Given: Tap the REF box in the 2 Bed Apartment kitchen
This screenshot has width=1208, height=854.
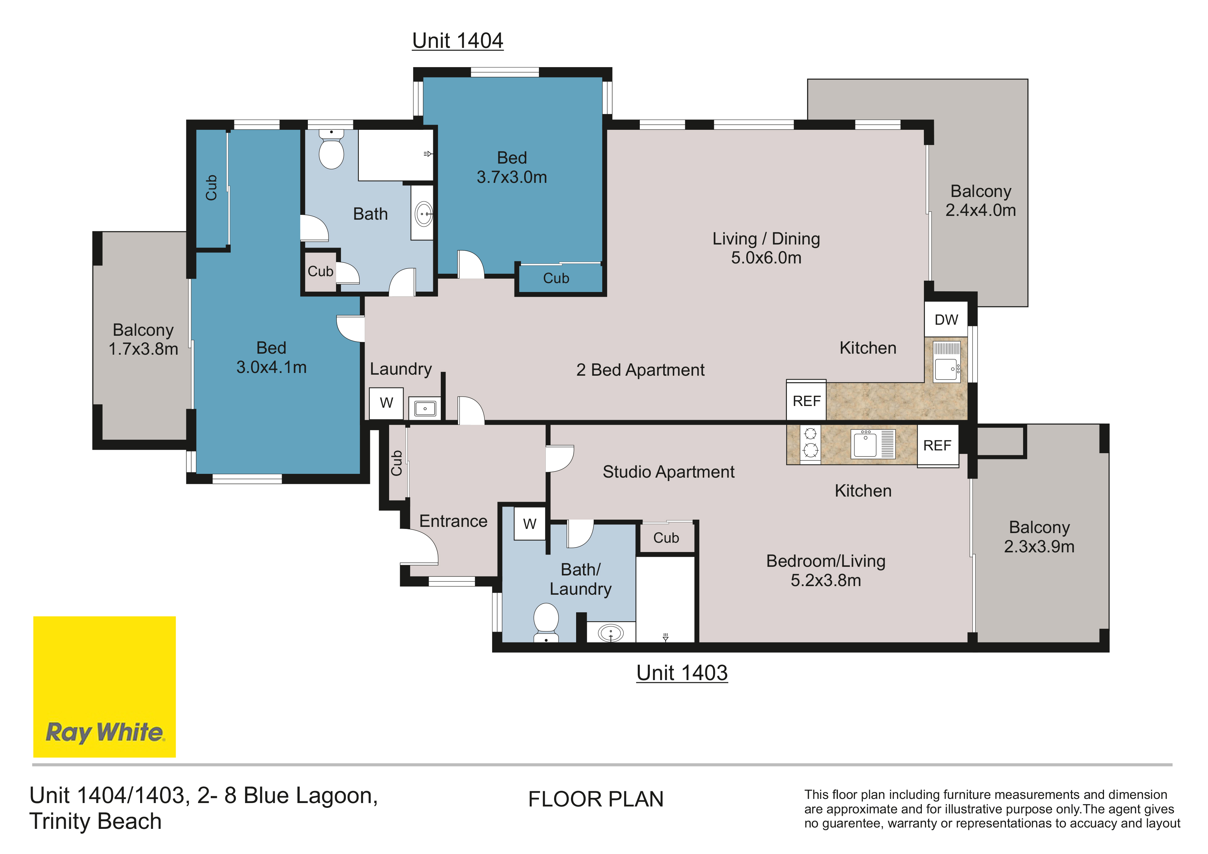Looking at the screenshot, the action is click(x=806, y=400).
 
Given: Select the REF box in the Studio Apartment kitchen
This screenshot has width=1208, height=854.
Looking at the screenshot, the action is click(x=938, y=445).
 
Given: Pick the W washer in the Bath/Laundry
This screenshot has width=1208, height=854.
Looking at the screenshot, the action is click(x=530, y=523).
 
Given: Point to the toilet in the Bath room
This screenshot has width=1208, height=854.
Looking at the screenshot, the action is click(x=331, y=149).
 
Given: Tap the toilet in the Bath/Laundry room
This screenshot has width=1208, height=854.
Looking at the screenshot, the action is click(x=546, y=623).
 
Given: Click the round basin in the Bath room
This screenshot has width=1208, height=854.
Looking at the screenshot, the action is click(x=424, y=214).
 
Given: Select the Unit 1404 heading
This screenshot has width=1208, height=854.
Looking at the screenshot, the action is click(x=458, y=41).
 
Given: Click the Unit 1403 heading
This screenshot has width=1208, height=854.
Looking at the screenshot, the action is click(x=682, y=673).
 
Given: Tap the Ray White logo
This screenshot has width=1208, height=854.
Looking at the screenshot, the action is click(x=105, y=687).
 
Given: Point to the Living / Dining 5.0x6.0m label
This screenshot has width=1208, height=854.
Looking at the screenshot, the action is click(x=766, y=248).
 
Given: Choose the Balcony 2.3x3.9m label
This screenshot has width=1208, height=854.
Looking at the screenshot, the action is click(x=1039, y=537).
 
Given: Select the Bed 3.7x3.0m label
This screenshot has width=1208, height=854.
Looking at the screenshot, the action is click(x=512, y=167).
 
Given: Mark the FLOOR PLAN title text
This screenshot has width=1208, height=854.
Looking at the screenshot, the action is click(x=596, y=799).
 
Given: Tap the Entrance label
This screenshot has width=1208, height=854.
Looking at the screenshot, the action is click(x=453, y=521).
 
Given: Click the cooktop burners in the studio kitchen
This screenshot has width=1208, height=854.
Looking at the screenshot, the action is click(x=810, y=442).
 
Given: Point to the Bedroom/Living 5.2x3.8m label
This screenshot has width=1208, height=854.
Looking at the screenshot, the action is click(x=825, y=570).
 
